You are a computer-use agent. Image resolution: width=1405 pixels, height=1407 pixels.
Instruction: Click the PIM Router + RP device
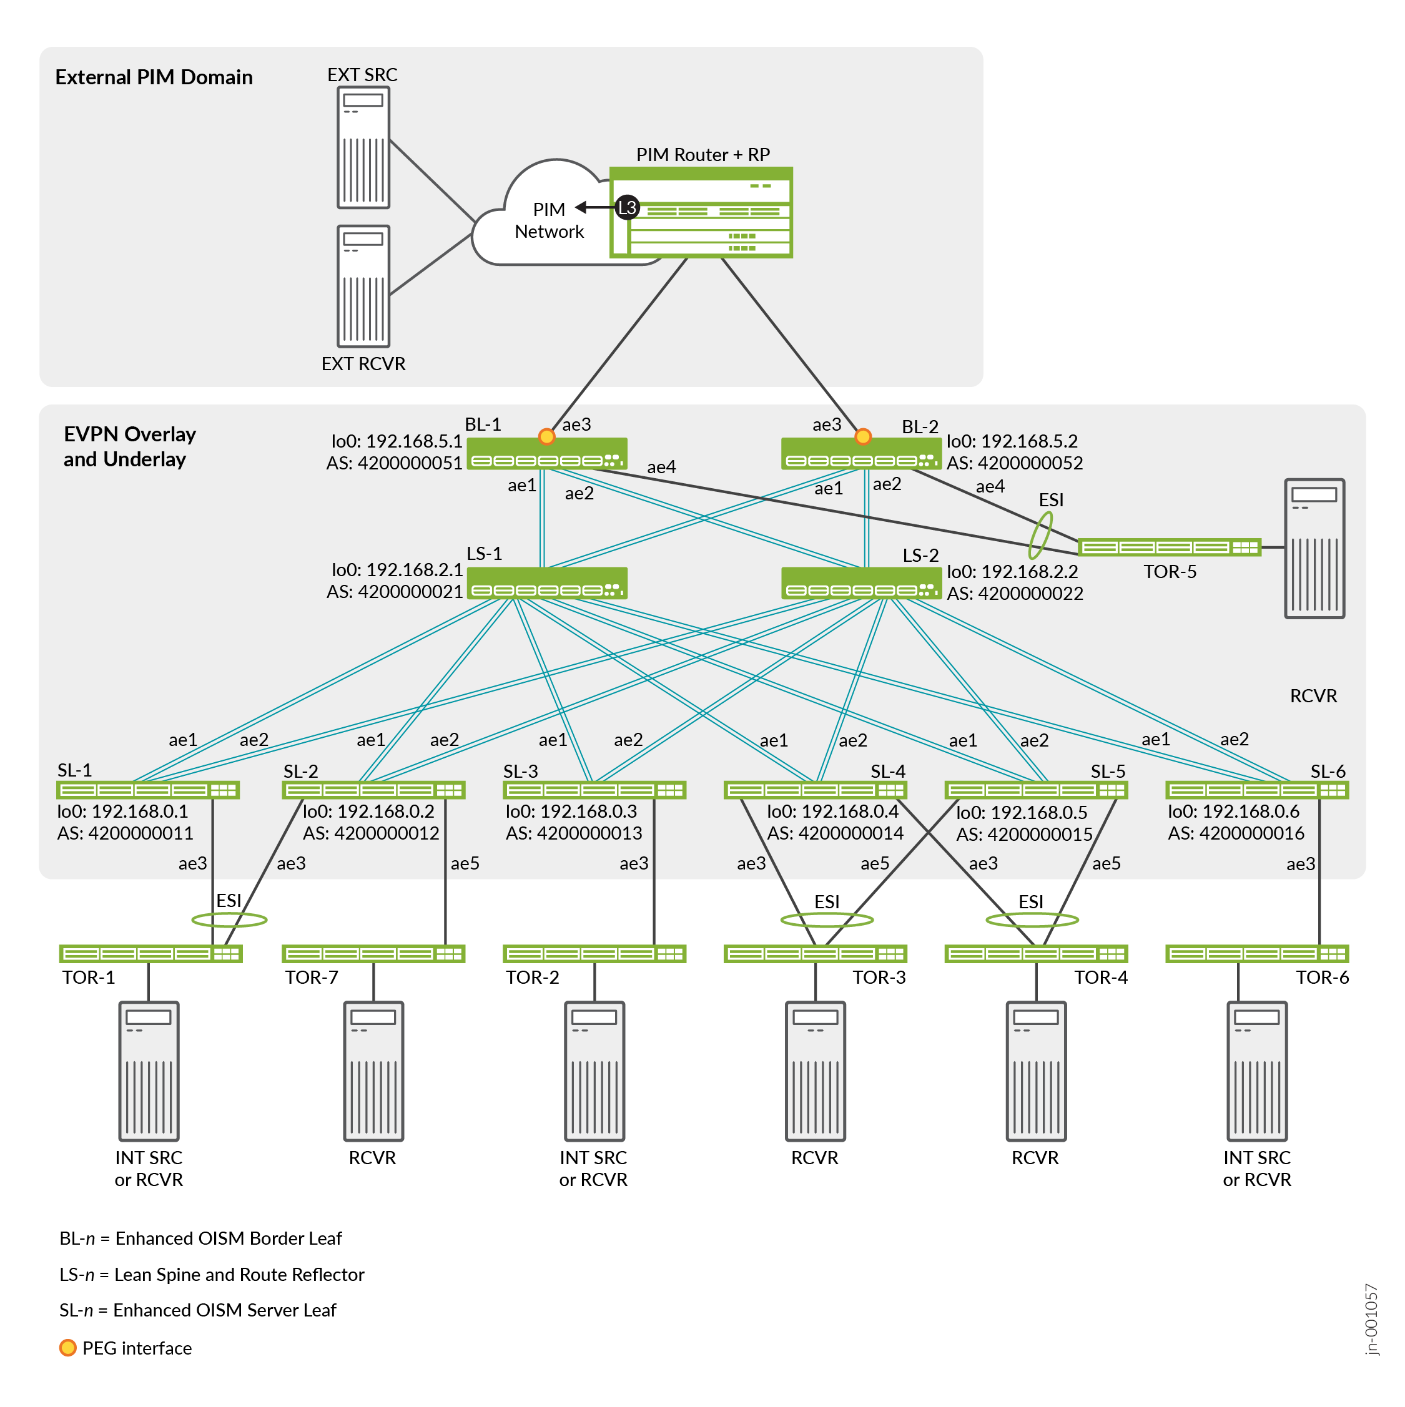[701, 213]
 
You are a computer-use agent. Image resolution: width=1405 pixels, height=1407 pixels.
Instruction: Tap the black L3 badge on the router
[627, 207]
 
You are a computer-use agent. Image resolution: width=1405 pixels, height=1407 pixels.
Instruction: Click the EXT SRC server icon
[363, 147]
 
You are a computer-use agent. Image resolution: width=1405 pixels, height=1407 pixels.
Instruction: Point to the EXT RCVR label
[363, 363]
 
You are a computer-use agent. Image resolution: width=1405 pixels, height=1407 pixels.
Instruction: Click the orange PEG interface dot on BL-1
[546, 436]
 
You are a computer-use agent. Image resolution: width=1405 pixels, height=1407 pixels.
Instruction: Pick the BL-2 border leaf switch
[860, 454]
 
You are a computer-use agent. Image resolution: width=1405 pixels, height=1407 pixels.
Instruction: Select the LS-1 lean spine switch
[546, 582]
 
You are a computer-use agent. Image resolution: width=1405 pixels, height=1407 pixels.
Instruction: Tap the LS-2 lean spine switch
[860, 582]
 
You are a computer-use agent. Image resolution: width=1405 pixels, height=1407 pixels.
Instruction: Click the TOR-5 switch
[1168, 547]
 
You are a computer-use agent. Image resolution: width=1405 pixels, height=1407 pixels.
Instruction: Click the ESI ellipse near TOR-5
[1040, 534]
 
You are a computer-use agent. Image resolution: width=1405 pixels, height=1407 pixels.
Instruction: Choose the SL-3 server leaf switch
[594, 790]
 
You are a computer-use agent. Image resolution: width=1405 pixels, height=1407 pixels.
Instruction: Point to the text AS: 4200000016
[1235, 833]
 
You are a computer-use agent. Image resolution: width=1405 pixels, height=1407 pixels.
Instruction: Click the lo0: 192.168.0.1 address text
[122, 811]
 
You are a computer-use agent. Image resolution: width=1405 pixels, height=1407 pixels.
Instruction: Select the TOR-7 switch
[373, 953]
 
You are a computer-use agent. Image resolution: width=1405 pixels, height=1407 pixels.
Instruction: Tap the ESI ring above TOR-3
[826, 920]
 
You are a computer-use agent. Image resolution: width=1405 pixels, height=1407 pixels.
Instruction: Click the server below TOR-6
[1256, 1071]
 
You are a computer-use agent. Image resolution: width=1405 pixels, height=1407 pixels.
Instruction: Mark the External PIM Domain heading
[154, 77]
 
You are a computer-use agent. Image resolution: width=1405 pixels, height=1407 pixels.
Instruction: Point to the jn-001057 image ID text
[1371, 1319]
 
